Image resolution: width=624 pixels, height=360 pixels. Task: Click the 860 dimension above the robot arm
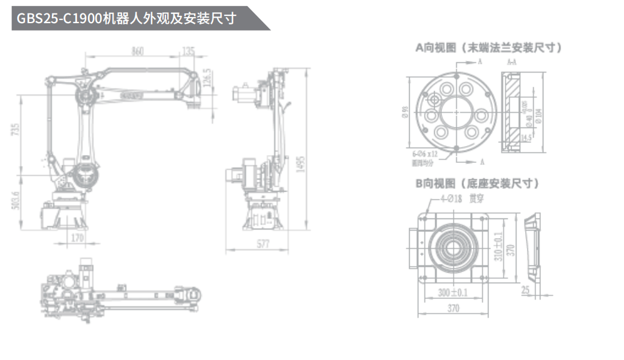(x=137, y=51)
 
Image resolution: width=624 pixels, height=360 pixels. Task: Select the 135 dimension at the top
(x=189, y=51)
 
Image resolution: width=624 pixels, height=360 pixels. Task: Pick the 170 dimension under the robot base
(x=77, y=237)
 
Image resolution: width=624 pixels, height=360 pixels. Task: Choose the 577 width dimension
(x=263, y=245)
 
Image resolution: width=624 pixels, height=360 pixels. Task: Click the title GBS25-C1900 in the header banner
(x=59, y=18)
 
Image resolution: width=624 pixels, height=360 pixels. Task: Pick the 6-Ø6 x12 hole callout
(x=425, y=154)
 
